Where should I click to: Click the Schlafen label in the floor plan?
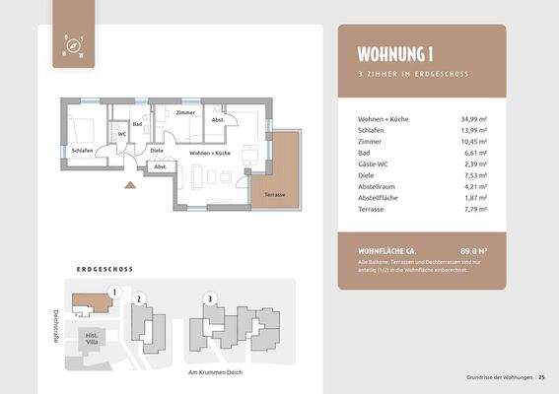pos(83,151)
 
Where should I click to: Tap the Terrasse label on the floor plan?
pos(274,194)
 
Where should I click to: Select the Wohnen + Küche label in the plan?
pos(210,154)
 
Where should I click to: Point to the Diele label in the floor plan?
pos(157,150)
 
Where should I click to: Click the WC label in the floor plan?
pos(121,134)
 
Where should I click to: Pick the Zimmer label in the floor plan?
pos(185,113)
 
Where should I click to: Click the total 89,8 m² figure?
pos(473,252)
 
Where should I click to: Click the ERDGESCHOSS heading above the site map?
pos(105,269)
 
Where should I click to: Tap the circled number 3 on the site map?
pos(208,296)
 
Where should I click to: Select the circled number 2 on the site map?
pos(139,297)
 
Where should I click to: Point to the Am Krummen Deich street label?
pos(216,372)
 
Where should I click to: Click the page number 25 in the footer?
pos(541,377)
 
